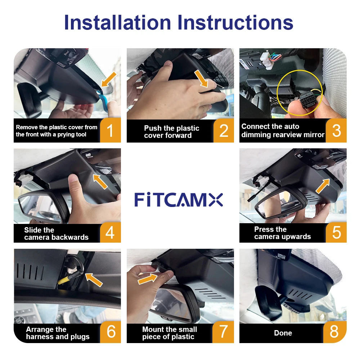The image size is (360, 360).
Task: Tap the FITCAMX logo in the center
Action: [x=179, y=199]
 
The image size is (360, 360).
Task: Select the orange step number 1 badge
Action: [x=110, y=130]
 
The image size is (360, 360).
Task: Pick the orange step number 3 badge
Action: [x=336, y=130]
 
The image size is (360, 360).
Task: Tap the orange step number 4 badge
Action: [x=110, y=232]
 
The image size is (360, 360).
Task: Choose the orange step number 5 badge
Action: [x=336, y=232]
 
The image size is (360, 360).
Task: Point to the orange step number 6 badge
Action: [x=111, y=332]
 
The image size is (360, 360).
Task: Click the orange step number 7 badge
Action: [x=224, y=332]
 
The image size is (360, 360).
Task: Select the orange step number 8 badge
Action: [x=334, y=332]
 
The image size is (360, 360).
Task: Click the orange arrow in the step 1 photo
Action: [x=109, y=79]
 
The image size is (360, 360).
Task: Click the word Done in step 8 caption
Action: [x=283, y=333]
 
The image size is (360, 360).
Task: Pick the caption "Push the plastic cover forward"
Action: [x=171, y=132]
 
